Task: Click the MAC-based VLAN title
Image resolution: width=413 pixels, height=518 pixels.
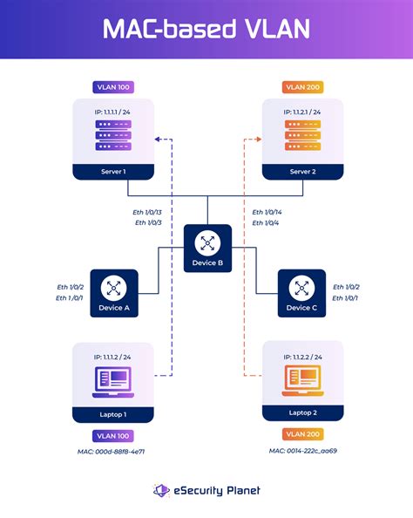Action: click(206, 30)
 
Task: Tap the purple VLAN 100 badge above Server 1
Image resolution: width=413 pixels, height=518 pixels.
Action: click(112, 88)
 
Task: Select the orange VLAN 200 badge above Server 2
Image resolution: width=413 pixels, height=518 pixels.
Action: click(302, 88)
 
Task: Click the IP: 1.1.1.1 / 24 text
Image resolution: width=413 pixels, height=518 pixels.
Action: click(112, 112)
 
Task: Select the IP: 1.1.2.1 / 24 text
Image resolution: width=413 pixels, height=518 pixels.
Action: click(302, 112)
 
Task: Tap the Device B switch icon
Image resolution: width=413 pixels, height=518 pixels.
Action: click(207, 242)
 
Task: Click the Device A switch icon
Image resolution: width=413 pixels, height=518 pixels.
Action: click(113, 287)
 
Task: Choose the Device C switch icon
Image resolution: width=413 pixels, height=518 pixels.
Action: click(301, 287)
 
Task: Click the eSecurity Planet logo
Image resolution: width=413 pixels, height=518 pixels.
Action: click(206, 491)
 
